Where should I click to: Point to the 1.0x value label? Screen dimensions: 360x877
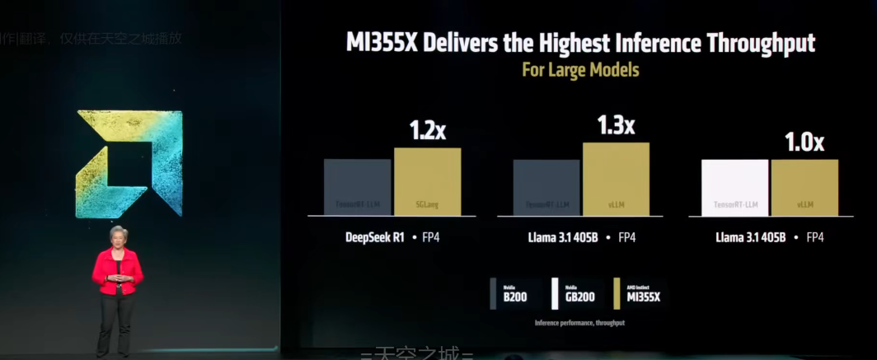pyautogui.click(x=804, y=143)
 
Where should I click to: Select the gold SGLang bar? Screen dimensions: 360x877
pyautogui.click(x=427, y=182)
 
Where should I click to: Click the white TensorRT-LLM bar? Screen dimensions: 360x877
pyautogui.click(x=734, y=188)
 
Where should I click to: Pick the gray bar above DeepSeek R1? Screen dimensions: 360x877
pyautogui.click(x=357, y=188)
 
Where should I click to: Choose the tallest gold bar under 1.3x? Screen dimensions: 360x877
pyautogui.click(x=616, y=180)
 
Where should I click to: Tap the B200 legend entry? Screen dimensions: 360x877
pyautogui.click(x=515, y=296)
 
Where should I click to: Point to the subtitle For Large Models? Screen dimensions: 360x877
pyautogui.click(x=580, y=70)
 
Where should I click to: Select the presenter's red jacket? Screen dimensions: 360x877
pyautogui.click(x=117, y=270)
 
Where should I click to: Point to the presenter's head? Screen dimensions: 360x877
pyautogui.click(x=119, y=235)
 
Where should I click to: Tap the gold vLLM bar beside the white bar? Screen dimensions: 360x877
pyautogui.click(x=804, y=188)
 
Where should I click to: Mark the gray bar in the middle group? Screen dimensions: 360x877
pyautogui.click(x=546, y=188)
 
